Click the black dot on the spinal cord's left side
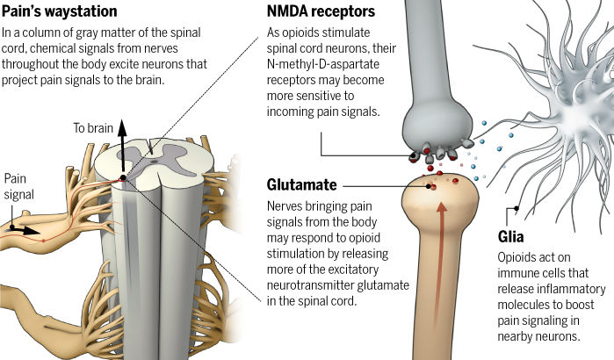click(122, 178)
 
